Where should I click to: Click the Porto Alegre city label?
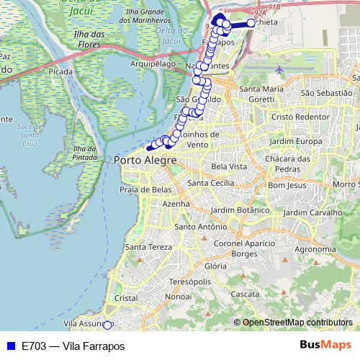coord(145,160)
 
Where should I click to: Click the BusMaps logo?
coord(325,345)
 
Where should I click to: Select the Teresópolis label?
coord(191,281)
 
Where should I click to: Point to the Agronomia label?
coord(315,249)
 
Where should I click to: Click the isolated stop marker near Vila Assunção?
coord(107,325)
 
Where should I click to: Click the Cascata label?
coord(246,294)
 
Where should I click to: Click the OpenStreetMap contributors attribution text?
coord(297,323)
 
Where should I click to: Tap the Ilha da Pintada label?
coord(84,153)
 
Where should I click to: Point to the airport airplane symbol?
coord(280,70)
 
